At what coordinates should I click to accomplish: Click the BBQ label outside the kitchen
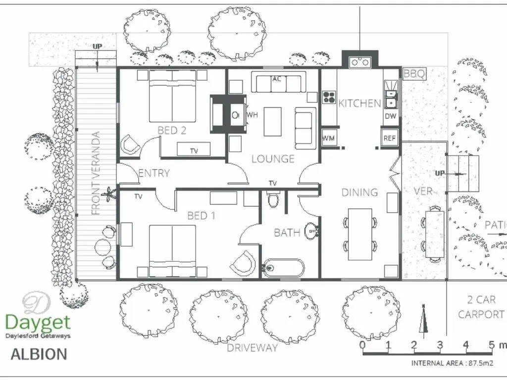(414, 74)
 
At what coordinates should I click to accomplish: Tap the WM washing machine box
(329, 138)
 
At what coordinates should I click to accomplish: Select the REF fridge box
(389, 138)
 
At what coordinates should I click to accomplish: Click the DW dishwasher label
(391, 116)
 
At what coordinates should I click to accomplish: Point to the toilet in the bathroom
(273, 199)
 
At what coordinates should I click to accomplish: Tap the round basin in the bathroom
(312, 231)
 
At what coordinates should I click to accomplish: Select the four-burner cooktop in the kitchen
(329, 97)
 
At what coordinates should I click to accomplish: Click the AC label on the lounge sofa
(277, 79)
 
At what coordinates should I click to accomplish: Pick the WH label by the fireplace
(252, 115)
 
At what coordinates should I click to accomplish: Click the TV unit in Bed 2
(194, 149)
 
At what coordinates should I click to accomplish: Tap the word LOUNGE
(273, 159)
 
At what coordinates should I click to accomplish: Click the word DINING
(359, 192)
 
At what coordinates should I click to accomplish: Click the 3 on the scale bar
(440, 345)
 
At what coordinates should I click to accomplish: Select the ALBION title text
(39, 354)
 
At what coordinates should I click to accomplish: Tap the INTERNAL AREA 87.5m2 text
(453, 363)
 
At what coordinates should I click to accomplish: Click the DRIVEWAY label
(252, 348)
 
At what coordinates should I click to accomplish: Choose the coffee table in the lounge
(273, 122)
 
